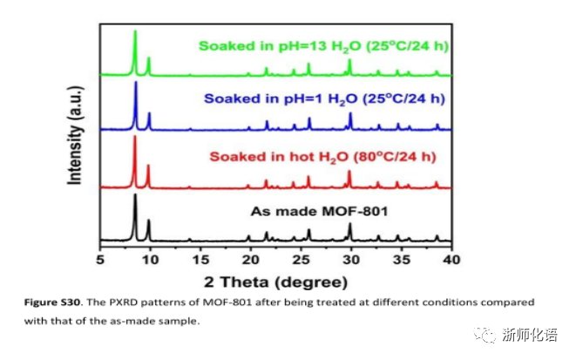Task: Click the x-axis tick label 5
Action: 100,259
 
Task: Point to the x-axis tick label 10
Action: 150,259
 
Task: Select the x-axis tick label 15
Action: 200,259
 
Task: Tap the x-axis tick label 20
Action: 251,259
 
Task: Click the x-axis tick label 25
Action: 301,259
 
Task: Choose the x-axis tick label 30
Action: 351,259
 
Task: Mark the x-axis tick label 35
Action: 401,259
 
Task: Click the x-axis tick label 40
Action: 451,259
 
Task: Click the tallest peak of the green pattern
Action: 135,32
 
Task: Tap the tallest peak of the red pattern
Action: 135,138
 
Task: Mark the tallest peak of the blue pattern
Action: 135,83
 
